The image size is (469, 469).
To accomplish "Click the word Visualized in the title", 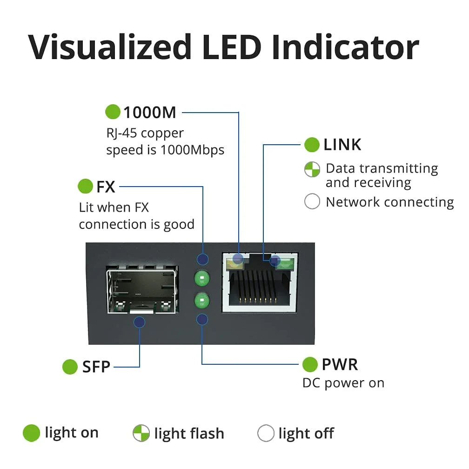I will [110, 47].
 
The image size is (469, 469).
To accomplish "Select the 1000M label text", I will [149, 112].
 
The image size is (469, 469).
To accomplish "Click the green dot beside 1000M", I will [113, 112].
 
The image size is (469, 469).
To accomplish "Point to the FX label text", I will [106, 187].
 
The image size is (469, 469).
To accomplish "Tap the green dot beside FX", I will [86, 187].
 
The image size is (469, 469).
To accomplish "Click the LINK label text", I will [342, 145].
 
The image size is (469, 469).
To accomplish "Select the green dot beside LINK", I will [312, 145].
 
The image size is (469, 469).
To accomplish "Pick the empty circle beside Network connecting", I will [312, 202].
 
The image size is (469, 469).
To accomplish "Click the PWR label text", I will [340, 365].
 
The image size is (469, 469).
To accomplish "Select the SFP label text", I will [96, 367].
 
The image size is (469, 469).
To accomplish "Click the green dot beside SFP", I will [70, 367].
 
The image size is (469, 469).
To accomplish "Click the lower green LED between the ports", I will [202, 301].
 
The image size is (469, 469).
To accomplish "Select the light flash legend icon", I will [141, 434].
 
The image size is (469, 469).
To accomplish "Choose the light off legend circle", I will [266, 434].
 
